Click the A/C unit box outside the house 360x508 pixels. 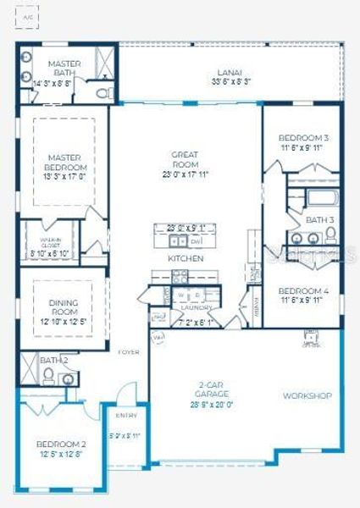pos(30,17)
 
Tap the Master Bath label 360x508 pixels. pos(64,69)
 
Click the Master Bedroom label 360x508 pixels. pos(64,163)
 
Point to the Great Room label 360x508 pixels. pos(185,159)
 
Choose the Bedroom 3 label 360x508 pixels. pos(303,137)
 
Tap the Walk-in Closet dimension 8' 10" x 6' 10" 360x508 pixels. pos(49,253)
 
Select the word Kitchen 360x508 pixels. pos(185,258)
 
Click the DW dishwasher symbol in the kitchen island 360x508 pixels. pos(195,240)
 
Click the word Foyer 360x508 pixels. pos(128,352)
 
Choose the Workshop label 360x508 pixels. pos(307,395)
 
